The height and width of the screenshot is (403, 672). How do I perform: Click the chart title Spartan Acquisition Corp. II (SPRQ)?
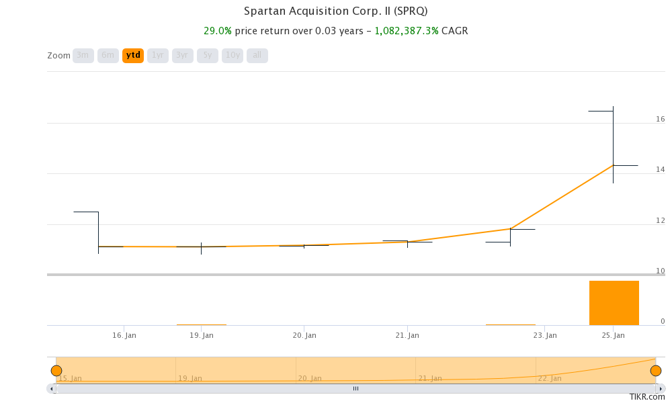[335, 11]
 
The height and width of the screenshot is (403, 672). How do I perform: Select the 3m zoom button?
[83, 55]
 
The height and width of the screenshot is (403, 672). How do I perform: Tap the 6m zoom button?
[108, 55]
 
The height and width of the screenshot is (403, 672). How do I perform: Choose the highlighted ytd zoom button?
[133, 55]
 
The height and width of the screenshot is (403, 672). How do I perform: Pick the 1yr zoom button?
[158, 55]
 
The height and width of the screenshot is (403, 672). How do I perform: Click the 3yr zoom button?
[183, 55]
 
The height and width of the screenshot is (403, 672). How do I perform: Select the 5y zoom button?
[208, 55]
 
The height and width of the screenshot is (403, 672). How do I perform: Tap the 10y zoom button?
[233, 55]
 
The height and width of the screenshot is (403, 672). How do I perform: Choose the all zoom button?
[257, 55]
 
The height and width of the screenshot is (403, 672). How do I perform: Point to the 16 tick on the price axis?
[660, 119]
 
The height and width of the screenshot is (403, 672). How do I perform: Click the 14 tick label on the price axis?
[660, 169]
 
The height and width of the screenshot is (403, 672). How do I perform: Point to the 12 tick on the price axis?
[660, 220]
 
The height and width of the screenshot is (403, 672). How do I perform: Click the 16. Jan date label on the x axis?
[124, 335]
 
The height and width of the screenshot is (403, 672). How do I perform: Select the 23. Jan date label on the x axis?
[545, 335]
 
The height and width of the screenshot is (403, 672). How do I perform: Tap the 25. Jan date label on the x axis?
[614, 335]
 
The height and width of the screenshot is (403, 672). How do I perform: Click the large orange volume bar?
[614, 303]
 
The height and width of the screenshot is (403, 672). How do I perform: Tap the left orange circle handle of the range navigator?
[56, 371]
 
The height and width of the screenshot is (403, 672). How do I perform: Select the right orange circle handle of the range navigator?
[656, 371]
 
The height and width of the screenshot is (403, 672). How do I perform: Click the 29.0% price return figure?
[218, 31]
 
